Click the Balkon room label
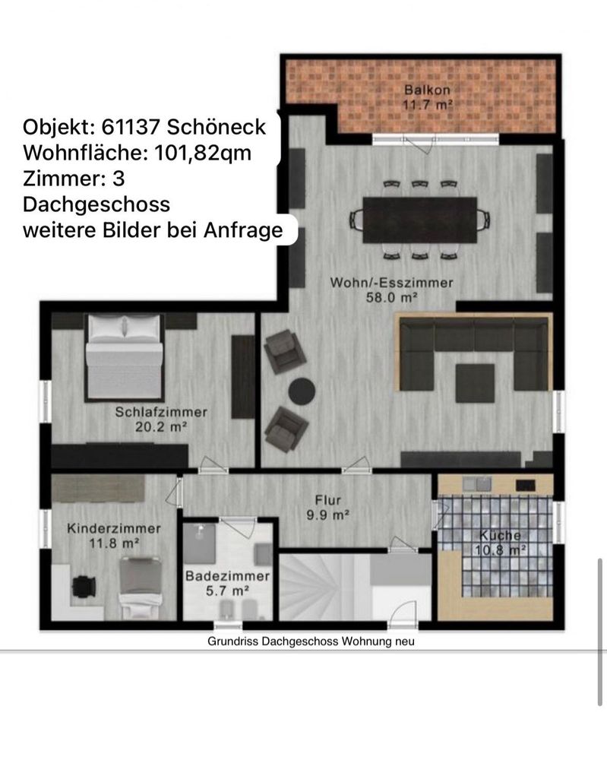pyautogui.click(x=427, y=90)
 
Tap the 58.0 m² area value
pyautogui.click(x=391, y=297)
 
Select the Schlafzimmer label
pyautogui.click(x=161, y=412)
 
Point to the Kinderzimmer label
pyautogui.click(x=114, y=528)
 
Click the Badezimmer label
pyautogui.click(x=227, y=576)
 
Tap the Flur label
pyautogui.click(x=328, y=500)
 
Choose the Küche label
pyautogui.click(x=500, y=535)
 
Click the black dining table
pyautogui.click(x=419, y=220)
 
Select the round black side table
pyautogui.click(x=302, y=391)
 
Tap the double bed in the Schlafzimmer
pyautogui.click(x=124, y=358)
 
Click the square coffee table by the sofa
pyautogui.click(x=475, y=383)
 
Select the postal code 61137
pyautogui.click(x=131, y=127)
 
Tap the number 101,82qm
pyautogui.click(x=203, y=154)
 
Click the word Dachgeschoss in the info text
pyautogui.click(x=96, y=204)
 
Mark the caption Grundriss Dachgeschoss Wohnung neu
pyautogui.click(x=311, y=641)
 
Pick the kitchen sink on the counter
pyautogui.click(x=476, y=483)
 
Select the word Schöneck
pyautogui.click(x=217, y=127)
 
